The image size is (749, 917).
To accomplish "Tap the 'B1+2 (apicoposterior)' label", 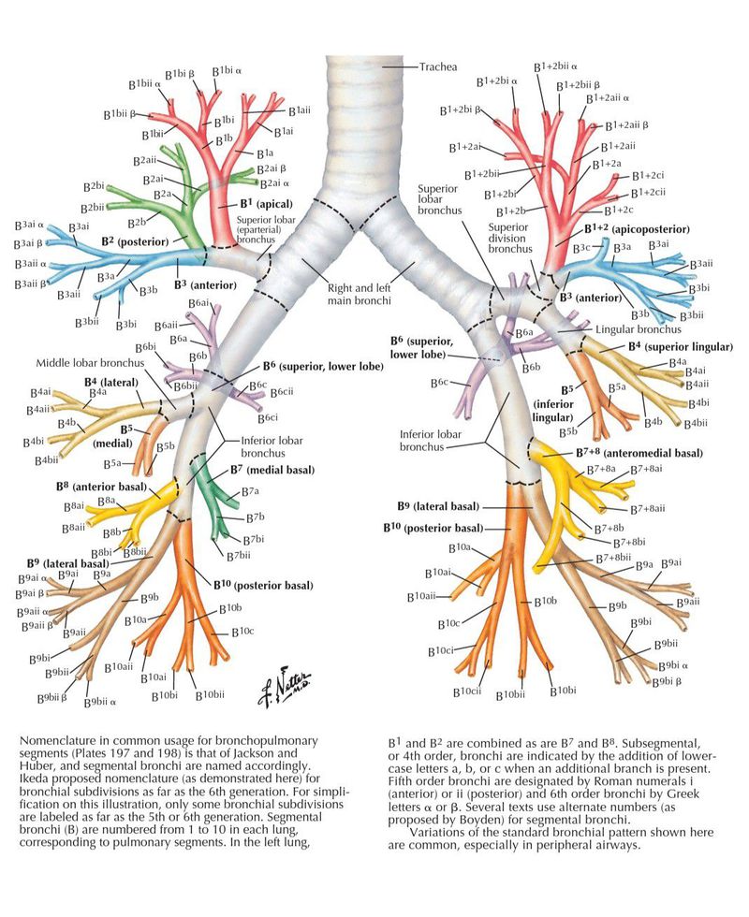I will [x=637, y=228].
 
